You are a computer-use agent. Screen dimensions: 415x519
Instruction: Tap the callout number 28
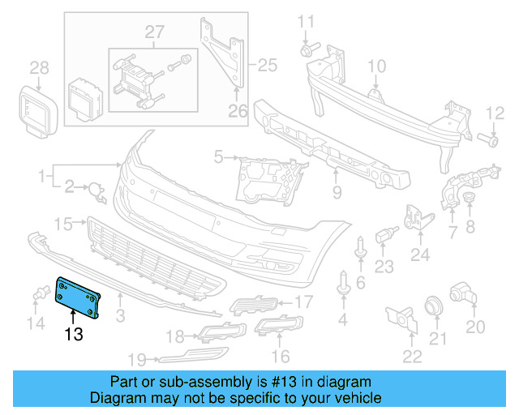[x=40, y=67]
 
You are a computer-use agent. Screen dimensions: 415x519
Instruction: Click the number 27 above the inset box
[x=154, y=32]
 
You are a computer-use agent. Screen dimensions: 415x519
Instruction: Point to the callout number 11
[x=305, y=20]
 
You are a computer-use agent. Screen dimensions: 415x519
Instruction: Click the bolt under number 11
[x=307, y=51]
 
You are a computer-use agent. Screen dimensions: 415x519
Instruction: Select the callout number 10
[x=377, y=66]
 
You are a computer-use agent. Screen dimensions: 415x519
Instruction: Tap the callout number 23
[x=384, y=266]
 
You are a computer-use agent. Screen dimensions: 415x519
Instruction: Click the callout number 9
[x=337, y=193]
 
